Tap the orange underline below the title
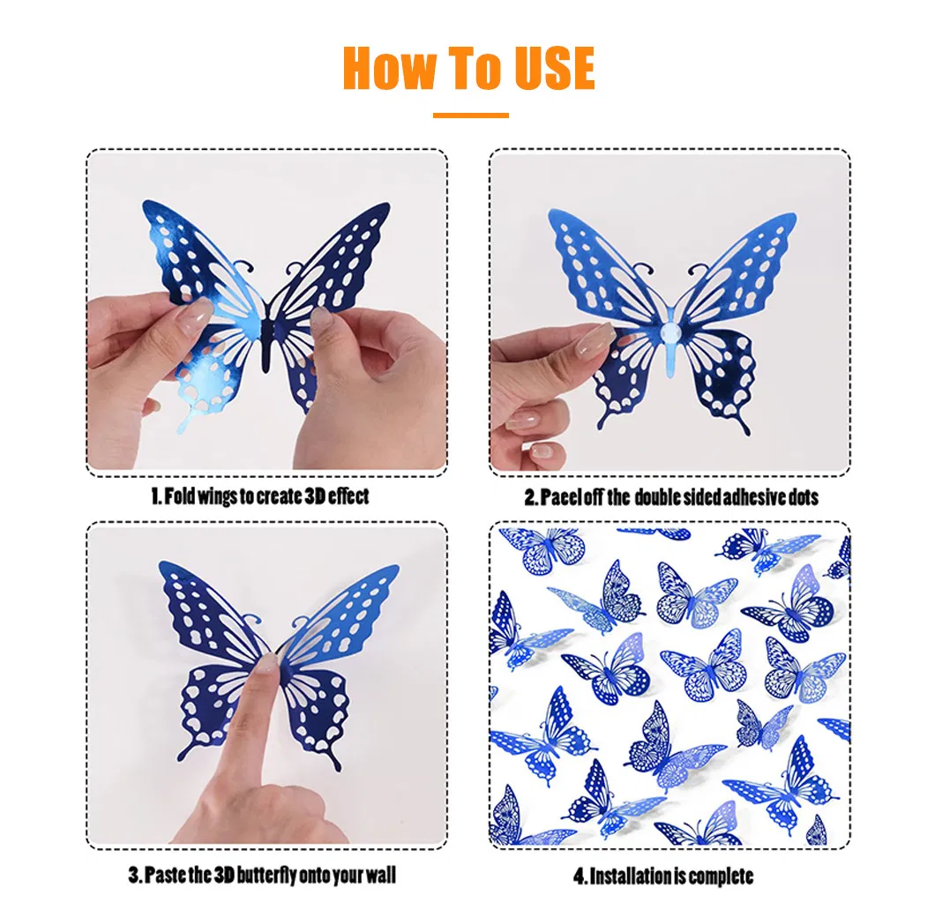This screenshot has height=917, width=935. click(x=470, y=116)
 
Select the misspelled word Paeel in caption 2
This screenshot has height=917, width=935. click(x=561, y=497)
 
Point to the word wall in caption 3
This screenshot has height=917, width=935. click(x=379, y=876)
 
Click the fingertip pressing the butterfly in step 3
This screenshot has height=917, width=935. click(x=268, y=667)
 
